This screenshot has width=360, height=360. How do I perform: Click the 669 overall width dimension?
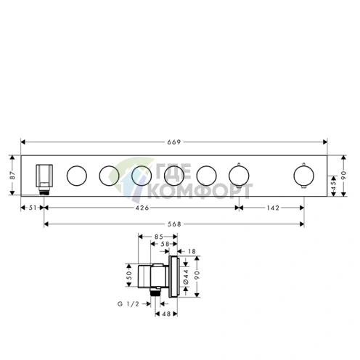(174, 142)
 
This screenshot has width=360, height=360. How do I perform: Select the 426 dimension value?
(142, 208)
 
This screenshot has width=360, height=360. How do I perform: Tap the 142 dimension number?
(273, 208)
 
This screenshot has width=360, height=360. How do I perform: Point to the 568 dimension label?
(174, 224)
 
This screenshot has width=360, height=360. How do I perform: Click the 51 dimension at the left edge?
(33, 208)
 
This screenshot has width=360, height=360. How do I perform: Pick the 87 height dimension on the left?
(12, 176)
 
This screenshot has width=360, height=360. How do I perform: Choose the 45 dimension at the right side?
(334, 186)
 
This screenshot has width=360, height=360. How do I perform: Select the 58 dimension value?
(165, 244)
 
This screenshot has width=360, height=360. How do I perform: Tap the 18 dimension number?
(192, 251)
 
